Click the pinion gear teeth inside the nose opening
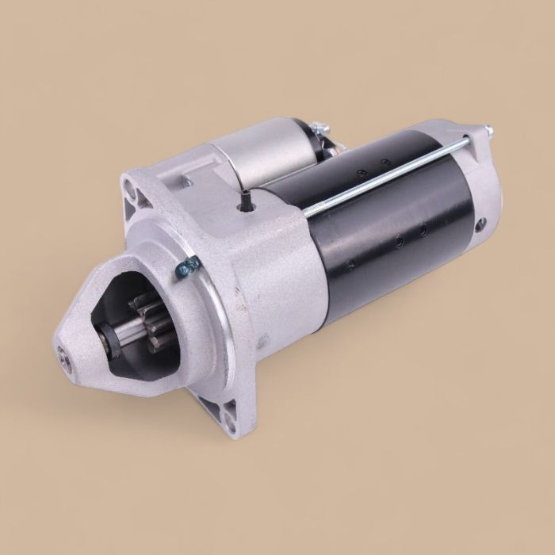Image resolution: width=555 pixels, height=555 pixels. click(x=138, y=305)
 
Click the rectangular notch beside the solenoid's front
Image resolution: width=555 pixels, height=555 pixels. click(x=188, y=183)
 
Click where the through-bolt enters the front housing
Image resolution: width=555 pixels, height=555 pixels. click(x=305, y=212)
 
